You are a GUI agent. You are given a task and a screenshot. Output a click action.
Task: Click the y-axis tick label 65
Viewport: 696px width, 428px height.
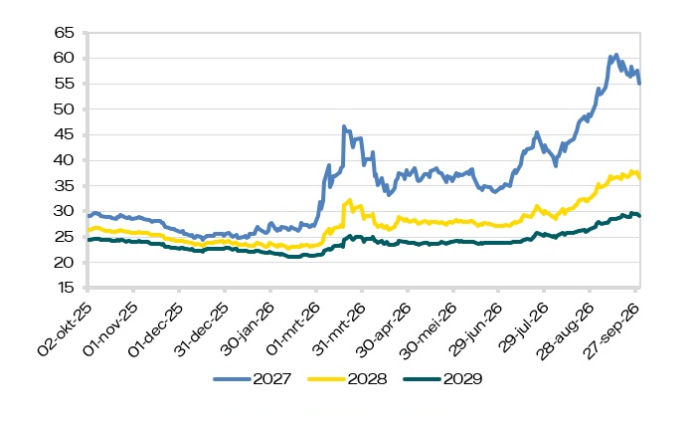point(64,33)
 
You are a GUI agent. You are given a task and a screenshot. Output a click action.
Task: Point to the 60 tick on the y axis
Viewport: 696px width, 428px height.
point(64,58)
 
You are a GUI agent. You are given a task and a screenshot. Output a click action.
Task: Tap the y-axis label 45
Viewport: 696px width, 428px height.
point(64,134)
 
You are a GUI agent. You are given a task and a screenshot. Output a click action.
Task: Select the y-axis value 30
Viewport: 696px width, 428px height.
point(64,211)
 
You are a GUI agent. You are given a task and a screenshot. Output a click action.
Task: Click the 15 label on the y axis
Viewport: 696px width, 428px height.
point(65,288)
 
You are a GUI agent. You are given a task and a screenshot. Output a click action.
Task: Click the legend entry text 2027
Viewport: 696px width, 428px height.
point(272,379)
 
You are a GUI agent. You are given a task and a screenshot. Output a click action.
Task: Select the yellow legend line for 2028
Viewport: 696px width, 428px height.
point(326,379)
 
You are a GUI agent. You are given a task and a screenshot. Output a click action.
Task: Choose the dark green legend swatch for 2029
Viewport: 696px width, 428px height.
point(422,379)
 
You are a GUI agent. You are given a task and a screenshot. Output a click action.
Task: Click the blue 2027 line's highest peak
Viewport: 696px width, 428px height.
point(615,55)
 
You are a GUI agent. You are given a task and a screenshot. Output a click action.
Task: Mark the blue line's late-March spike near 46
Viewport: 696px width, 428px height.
point(344,126)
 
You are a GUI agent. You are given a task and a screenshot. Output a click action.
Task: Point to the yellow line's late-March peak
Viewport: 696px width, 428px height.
point(350,200)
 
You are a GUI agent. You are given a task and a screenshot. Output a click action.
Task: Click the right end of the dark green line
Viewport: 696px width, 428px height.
point(639,216)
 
